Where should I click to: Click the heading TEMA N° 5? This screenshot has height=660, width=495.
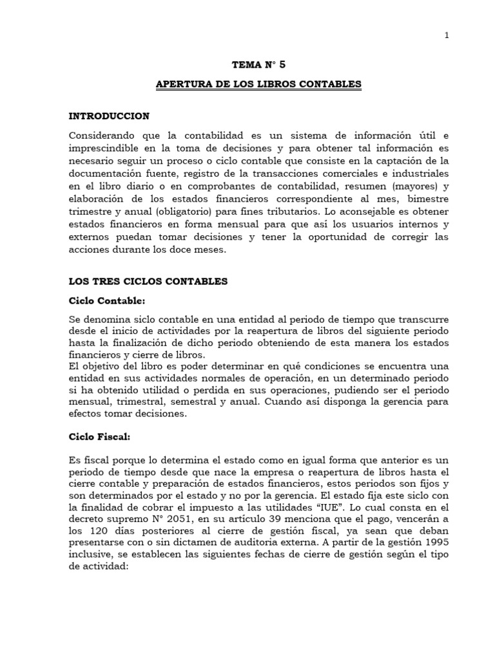click(x=257, y=64)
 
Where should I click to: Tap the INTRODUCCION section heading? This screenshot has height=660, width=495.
click(x=109, y=116)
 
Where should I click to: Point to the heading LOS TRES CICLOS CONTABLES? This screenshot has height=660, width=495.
click(x=148, y=282)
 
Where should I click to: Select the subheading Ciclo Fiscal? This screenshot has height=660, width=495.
click(x=100, y=436)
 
